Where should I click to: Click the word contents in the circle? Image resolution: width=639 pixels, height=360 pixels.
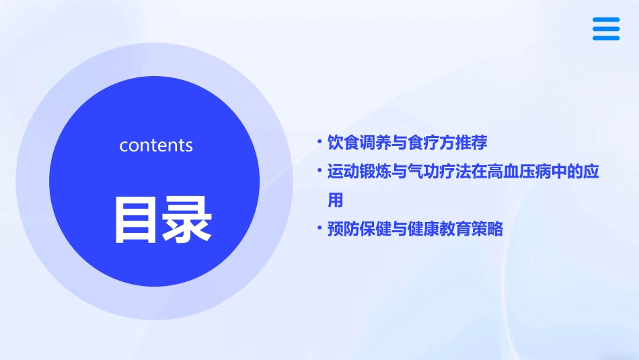tap(156, 145)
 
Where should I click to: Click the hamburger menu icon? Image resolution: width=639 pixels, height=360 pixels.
tap(605, 29)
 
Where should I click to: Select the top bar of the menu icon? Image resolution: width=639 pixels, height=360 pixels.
tap(605, 20)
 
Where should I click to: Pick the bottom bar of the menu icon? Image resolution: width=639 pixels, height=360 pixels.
tap(605, 38)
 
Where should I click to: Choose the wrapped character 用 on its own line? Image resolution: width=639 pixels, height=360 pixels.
tap(335, 201)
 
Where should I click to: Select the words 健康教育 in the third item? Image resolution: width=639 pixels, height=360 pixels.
tap(439, 229)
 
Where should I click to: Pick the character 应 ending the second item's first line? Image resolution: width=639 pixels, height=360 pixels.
tap(591, 172)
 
